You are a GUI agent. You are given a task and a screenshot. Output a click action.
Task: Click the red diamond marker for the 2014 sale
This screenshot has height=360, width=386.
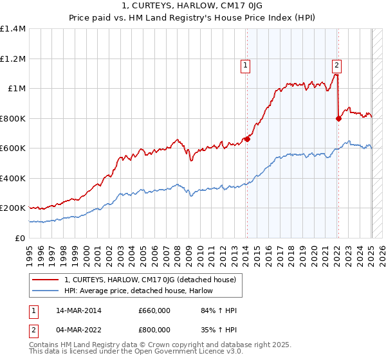coord(247,139)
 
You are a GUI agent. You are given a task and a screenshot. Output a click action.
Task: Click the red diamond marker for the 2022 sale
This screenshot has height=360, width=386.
coord(338,118)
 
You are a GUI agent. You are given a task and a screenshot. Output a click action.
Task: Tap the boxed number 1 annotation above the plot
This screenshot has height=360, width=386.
coord(246,64)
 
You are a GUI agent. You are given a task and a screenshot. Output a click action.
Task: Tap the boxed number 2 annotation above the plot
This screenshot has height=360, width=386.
coord(337,64)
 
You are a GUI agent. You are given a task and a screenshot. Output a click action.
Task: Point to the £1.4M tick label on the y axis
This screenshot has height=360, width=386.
coord(13,29)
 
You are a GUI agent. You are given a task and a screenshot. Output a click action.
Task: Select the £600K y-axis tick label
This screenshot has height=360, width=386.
coord(13,148)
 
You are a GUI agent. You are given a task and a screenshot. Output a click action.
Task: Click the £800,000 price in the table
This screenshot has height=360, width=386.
coord(154,330)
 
